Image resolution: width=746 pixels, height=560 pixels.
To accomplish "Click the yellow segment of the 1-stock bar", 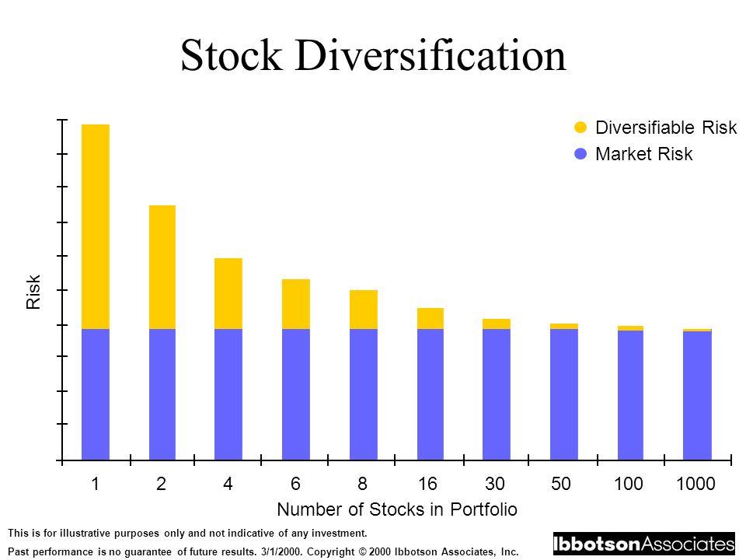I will click(96, 226).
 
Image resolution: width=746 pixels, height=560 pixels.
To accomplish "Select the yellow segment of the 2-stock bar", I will click(162, 267).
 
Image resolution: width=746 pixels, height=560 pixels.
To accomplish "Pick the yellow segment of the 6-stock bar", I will click(296, 303).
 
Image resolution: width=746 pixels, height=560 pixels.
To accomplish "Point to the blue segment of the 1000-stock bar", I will click(697, 396).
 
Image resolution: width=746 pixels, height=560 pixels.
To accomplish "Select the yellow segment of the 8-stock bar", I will click(364, 309).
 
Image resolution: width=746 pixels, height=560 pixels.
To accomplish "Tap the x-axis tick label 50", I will click(563, 484).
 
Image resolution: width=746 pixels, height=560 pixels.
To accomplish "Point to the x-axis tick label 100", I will click(631, 484).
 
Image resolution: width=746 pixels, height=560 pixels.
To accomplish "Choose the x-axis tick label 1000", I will click(695, 484).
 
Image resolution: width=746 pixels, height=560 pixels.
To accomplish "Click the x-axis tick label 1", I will click(95, 484).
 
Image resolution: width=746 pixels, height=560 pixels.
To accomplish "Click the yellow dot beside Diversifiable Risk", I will click(579, 128).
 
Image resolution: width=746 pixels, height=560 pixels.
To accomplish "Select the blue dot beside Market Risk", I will click(579, 154).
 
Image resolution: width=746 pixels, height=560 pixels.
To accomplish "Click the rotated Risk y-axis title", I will click(33, 293).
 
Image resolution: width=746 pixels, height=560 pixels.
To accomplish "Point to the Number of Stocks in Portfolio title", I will click(397, 509).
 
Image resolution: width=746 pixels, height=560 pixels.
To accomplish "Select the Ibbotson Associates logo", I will click(643, 543).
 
